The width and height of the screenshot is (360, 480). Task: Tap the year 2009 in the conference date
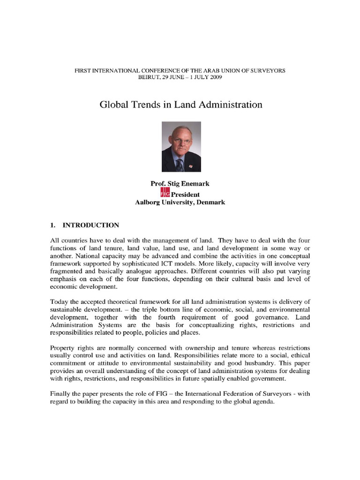point(209,77)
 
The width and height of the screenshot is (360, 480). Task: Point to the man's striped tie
point(180,165)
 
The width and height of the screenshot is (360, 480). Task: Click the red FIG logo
point(165,194)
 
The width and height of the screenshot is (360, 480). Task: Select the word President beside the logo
point(185,195)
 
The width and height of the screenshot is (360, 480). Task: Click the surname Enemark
point(196,185)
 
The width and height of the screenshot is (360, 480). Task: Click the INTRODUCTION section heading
point(90,225)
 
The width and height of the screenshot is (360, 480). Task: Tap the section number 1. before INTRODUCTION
point(53,225)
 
